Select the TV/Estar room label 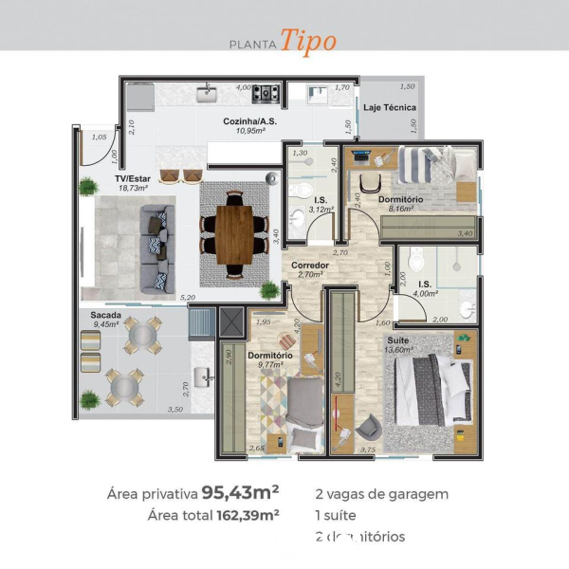pos(132,178)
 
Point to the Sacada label pos(104,314)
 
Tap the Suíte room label pos(397,339)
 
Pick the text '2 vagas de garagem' pos(381,493)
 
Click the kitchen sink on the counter pos(209,93)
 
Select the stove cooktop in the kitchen pos(266,93)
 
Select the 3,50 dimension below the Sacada pos(174,410)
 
